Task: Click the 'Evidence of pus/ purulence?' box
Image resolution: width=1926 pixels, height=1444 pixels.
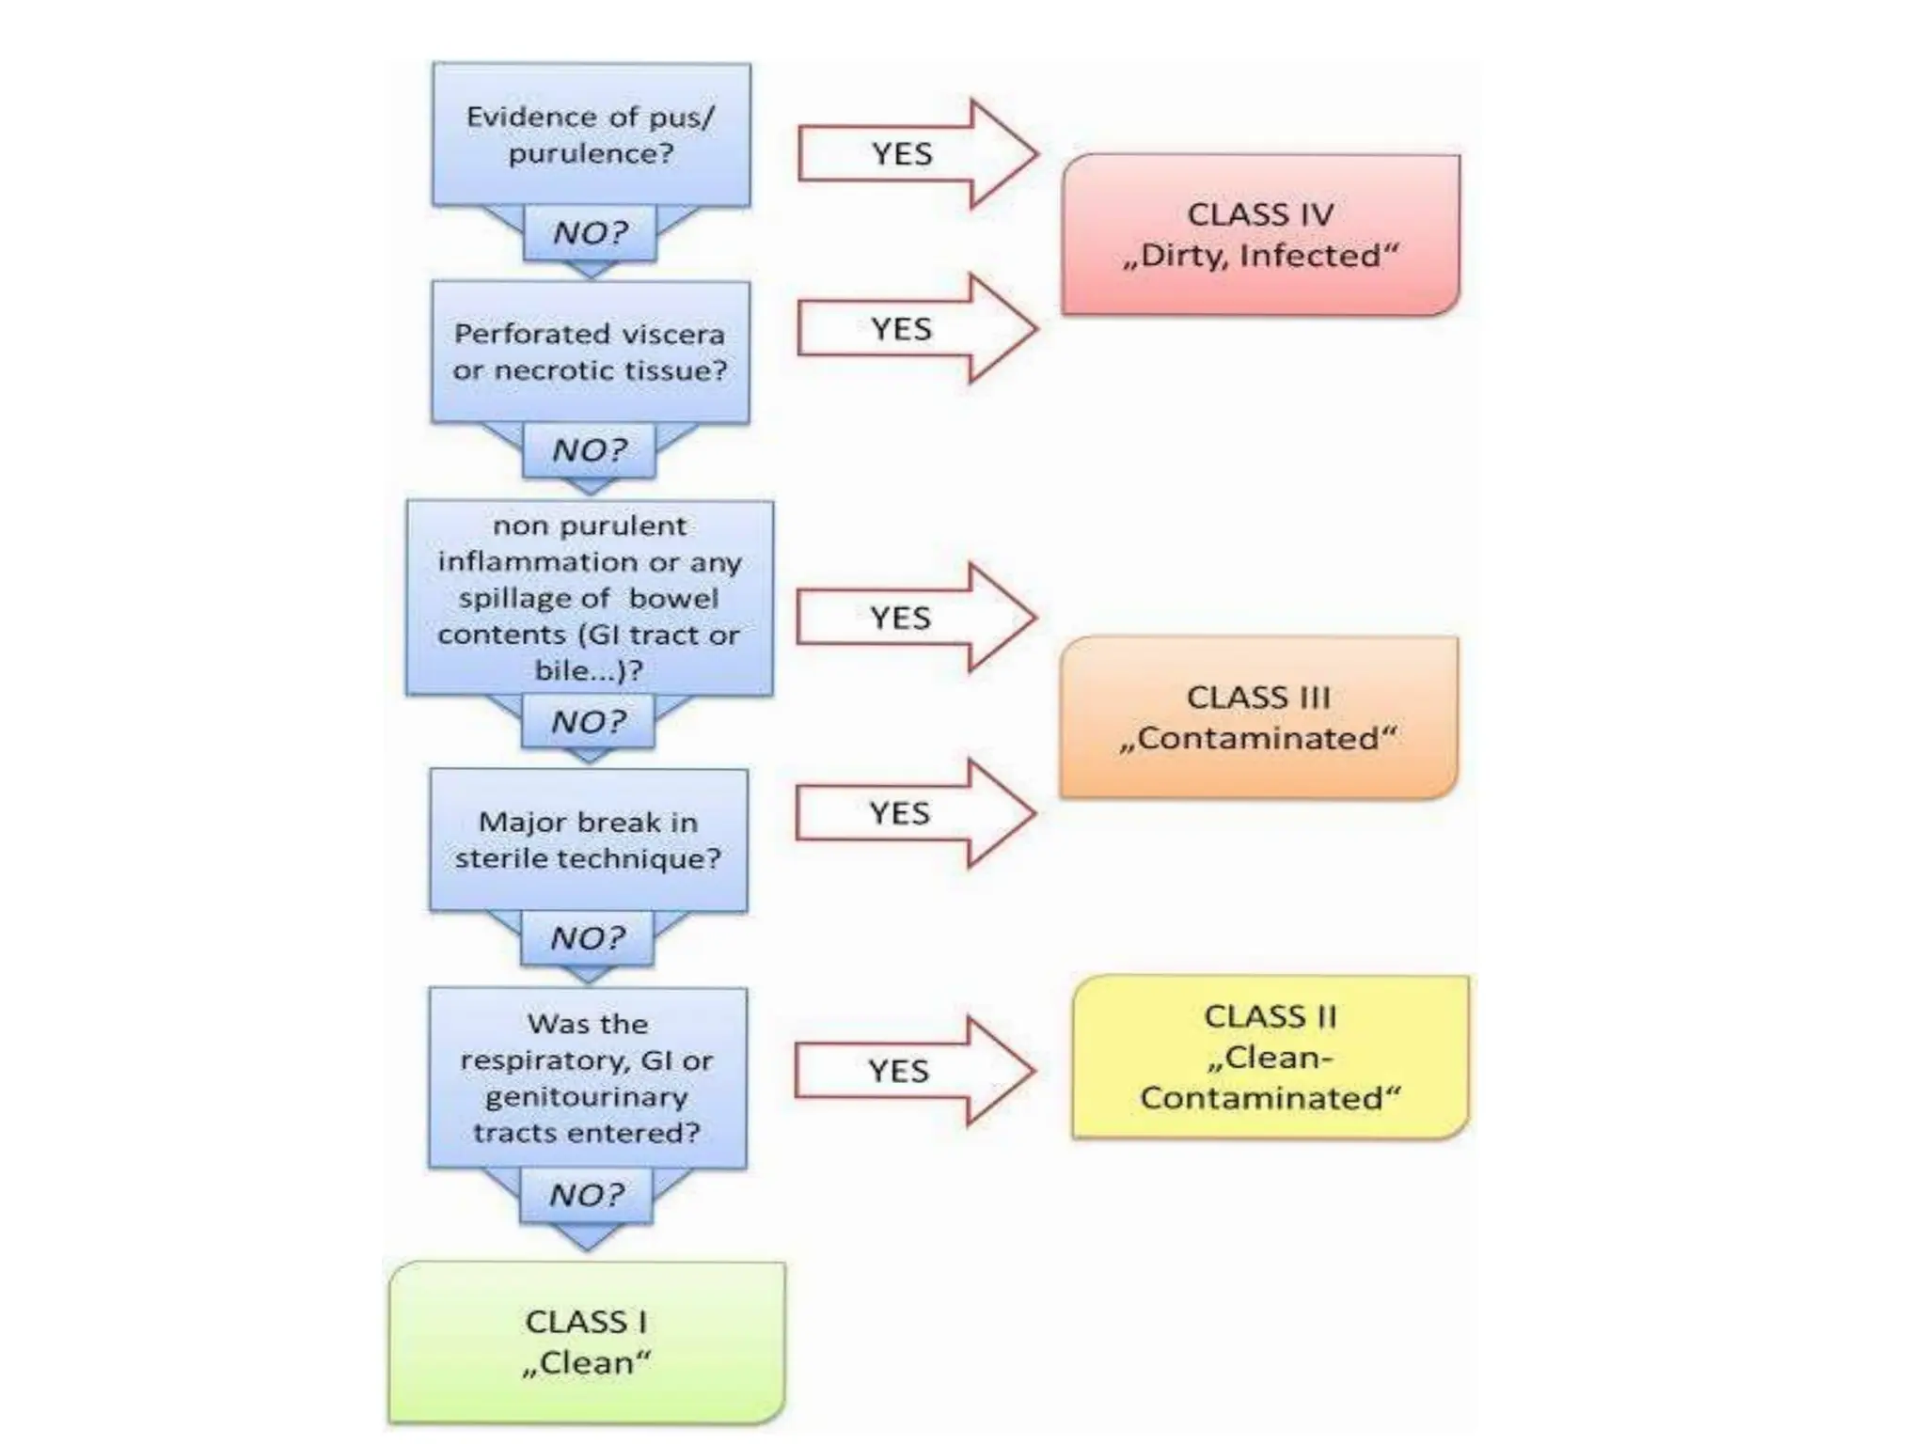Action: pos(591,134)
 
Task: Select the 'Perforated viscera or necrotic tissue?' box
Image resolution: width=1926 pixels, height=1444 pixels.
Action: pos(590,352)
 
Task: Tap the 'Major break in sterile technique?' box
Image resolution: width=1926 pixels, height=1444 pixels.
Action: pos(588,840)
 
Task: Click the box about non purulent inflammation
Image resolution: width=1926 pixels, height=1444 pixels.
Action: pos(590,598)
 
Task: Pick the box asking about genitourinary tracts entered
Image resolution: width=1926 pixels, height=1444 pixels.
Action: pos(587,1077)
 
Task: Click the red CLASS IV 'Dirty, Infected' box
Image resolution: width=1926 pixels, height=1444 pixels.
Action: pos(1260,235)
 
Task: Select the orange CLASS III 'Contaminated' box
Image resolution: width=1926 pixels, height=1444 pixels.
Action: pos(1258,717)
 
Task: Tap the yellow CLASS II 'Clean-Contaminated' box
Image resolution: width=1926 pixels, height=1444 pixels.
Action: pos(1270,1057)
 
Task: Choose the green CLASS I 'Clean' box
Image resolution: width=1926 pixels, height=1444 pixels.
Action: pos(586,1342)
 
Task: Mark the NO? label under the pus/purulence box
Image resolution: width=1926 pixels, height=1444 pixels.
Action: pos(590,232)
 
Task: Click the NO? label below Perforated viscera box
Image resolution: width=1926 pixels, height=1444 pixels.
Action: pos(589,449)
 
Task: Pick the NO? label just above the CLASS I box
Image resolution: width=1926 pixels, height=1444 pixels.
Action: pos(586,1195)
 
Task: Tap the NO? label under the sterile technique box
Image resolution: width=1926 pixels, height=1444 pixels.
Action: pos(588,937)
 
